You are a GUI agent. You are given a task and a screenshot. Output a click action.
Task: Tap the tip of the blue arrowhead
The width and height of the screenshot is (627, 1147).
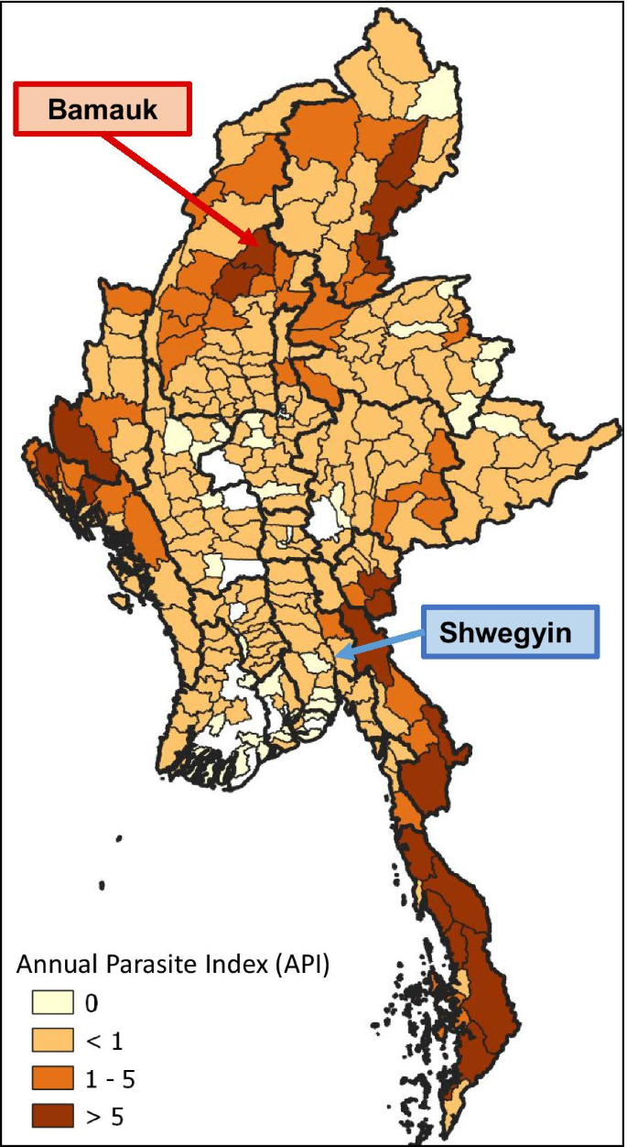tap(336, 655)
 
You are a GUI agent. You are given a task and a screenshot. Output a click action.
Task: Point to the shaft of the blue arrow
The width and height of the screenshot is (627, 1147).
tap(384, 642)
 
